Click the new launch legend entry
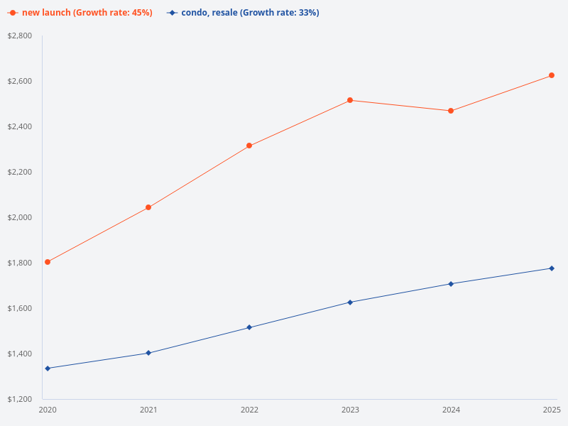[80, 13]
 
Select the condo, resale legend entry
[243, 13]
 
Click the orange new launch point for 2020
[48, 262]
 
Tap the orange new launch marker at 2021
[148, 207]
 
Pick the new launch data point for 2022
[249, 146]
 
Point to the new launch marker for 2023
[350, 100]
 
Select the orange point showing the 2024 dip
[451, 111]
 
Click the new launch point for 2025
[552, 75]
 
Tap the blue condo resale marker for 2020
[48, 368]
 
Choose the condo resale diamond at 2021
[148, 353]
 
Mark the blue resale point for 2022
[249, 327]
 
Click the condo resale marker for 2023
[350, 302]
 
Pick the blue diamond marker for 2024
[451, 284]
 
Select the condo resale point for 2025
[552, 268]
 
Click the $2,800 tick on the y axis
[20, 35]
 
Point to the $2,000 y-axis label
[20, 217]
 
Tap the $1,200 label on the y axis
[20, 399]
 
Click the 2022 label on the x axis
[249, 410]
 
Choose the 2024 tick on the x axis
[451, 410]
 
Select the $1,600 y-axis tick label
[20, 308]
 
